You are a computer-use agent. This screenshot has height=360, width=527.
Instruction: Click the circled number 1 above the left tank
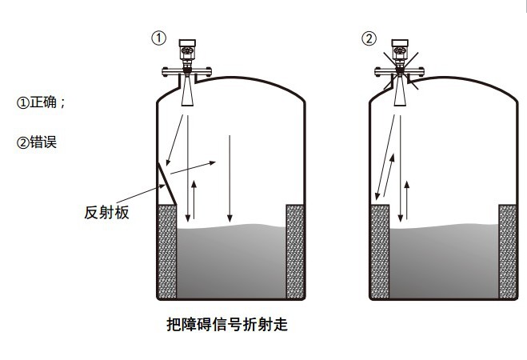(x=160, y=38)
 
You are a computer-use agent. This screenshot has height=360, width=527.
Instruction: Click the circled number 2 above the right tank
(x=369, y=38)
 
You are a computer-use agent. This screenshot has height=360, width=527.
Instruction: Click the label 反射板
(x=106, y=213)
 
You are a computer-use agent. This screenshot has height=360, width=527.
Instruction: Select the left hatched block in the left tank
(x=166, y=248)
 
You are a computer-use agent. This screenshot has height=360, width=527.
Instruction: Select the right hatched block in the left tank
(x=295, y=248)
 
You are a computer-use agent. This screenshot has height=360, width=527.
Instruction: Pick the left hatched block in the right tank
(x=377, y=248)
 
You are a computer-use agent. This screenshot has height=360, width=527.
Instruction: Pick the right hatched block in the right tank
(x=507, y=248)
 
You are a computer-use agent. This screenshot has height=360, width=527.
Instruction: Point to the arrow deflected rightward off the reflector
(x=193, y=167)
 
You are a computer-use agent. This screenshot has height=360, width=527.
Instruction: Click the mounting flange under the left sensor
(x=186, y=71)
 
